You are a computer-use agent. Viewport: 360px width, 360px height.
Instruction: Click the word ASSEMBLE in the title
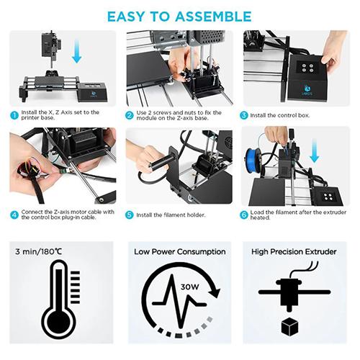click(x=213, y=17)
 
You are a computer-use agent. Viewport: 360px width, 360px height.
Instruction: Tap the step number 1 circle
click(x=14, y=115)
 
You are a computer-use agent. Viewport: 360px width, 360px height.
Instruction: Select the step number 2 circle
click(x=130, y=115)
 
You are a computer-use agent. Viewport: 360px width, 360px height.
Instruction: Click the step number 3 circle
click(x=244, y=115)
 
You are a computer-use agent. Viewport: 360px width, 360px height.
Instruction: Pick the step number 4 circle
click(x=14, y=215)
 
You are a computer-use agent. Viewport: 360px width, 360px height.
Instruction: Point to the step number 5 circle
click(x=130, y=215)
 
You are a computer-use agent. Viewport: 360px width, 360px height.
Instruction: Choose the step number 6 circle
click(x=244, y=215)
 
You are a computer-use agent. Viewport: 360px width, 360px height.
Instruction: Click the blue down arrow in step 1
click(x=77, y=52)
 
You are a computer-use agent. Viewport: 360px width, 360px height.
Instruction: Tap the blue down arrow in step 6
click(x=315, y=151)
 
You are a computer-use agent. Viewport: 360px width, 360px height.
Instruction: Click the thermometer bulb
click(x=59, y=322)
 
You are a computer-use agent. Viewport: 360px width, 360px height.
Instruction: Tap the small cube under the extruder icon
click(x=289, y=327)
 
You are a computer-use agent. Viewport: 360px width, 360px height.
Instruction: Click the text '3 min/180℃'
click(x=38, y=252)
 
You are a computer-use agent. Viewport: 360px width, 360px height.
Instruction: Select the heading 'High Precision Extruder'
click(x=294, y=252)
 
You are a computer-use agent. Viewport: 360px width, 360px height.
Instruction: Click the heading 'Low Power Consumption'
click(x=180, y=252)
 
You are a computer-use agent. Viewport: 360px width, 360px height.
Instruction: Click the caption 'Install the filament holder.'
click(x=171, y=215)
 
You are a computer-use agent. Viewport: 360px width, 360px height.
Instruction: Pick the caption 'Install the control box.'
click(x=280, y=115)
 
